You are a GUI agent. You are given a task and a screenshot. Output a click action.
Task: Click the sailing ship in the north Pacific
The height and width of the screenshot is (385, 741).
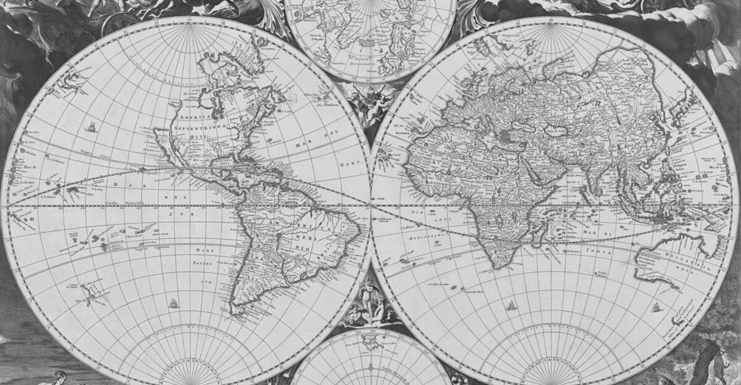pos(91,128)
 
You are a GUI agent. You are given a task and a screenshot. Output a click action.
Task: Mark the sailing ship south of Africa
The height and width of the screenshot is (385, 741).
pos(511,305)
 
